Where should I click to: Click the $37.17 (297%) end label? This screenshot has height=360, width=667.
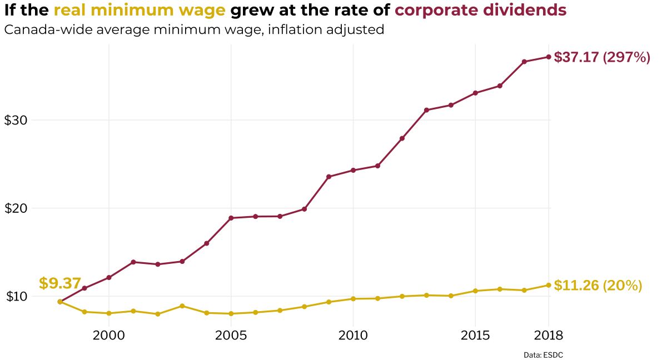point(602,57)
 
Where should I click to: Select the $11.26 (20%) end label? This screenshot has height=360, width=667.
point(598,286)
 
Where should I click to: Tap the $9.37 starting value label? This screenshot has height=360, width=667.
point(60,283)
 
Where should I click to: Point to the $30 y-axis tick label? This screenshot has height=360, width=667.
point(16,121)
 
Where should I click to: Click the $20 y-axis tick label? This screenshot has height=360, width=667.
point(16,209)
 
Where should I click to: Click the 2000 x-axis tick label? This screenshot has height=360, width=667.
point(108,336)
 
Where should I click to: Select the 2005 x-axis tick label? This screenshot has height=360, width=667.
point(231,336)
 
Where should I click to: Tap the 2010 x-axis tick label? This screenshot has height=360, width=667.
point(353,336)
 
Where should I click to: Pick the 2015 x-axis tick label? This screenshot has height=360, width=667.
point(475,336)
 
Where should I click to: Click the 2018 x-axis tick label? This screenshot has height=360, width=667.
point(549,336)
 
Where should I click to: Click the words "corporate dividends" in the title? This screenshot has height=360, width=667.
point(480,10)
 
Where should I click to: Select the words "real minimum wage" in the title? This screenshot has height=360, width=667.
point(139,10)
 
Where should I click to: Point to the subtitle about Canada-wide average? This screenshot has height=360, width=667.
point(194,29)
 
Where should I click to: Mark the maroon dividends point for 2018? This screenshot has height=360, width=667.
point(549,57)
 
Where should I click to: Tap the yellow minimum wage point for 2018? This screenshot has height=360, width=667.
point(549,285)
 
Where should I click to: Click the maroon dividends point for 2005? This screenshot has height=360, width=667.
point(231,218)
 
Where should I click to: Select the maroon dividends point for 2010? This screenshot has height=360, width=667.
point(353,170)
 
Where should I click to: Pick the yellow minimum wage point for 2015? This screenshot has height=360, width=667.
point(475,291)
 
